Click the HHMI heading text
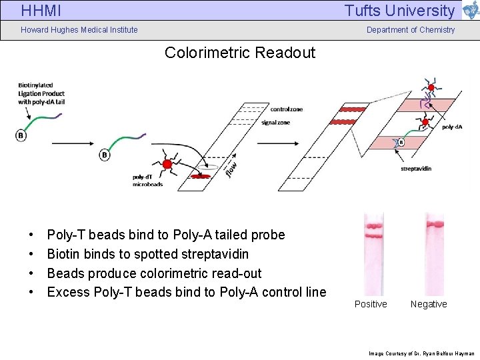41,11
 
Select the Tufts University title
399,11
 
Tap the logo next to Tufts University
470,10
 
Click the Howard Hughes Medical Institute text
79,29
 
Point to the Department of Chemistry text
411,29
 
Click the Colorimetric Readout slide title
240,53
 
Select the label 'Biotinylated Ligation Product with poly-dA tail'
41,93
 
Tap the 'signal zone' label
276,123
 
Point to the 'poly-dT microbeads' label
147,181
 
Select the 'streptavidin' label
416,169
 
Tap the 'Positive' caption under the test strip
371,304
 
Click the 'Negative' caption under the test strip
429,304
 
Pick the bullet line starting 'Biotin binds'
148,254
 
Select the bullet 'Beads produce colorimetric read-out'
154,273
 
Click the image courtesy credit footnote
421,353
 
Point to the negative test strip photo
435,253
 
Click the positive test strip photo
373,253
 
